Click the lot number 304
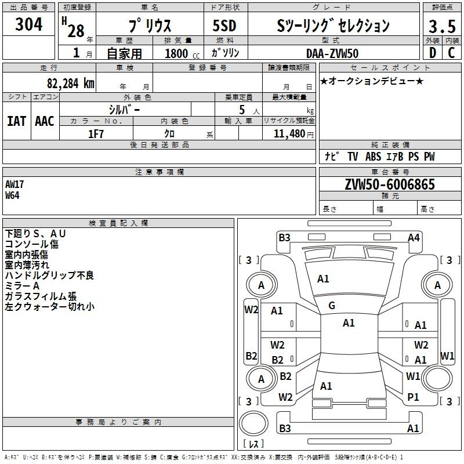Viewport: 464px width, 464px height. click(x=28, y=24)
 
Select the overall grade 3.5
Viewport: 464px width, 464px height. click(x=442, y=26)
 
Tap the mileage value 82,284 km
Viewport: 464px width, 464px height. click(x=70, y=84)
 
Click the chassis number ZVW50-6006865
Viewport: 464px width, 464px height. click(x=390, y=184)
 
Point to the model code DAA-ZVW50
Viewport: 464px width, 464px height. click(x=332, y=53)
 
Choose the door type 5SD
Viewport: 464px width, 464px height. click(x=224, y=26)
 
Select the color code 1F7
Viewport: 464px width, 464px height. click(x=96, y=134)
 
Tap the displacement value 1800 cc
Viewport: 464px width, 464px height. click(x=182, y=53)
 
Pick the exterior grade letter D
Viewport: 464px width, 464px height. click(x=433, y=53)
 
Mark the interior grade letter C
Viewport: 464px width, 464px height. click(x=451, y=53)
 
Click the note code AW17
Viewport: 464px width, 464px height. click(x=14, y=184)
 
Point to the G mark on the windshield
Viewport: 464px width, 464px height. click(x=332, y=306)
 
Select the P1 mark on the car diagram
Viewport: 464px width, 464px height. click(x=413, y=397)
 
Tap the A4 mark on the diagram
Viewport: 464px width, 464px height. click(x=414, y=238)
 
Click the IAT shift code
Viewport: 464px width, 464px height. click(x=17, y=121)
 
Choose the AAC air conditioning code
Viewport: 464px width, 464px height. click(x=45, y=121)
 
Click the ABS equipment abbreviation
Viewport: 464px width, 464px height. click(x=373, y=157)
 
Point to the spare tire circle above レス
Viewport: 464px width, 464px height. click(x=253, y=423)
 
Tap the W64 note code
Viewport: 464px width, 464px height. click(x=12, y=195)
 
